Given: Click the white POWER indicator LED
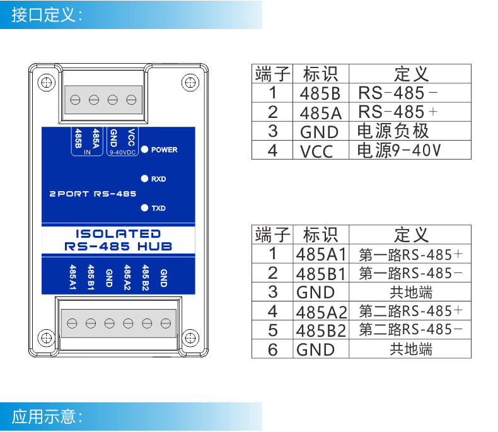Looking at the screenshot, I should (x=144, y=149).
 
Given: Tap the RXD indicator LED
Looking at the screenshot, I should (x=144, y=179).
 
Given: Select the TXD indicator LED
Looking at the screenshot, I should (x=144, y=207).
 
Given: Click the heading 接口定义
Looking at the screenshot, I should (x=47, y=15).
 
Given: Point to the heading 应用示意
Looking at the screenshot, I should (x=47, y=416).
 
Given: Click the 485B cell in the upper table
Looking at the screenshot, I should (x=320, y=94).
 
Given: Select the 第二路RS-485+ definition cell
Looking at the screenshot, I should (x=410, y=312).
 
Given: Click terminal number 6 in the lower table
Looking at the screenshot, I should (x=272, y=349).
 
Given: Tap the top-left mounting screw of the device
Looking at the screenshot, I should (x=45, y=82).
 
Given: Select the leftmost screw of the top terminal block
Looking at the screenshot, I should (x=76, y=100).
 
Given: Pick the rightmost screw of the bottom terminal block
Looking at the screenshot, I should (x=166, y=324).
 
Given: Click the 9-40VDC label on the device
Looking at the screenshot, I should (x=122, y=153).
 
